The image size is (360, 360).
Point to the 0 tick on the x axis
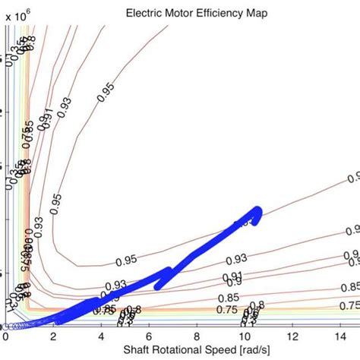tap(6, 355)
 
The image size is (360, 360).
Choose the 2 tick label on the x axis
tap(53, 355)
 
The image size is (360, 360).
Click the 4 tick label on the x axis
tap(101, 355)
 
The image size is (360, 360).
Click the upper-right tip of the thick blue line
tap(257, 210)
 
